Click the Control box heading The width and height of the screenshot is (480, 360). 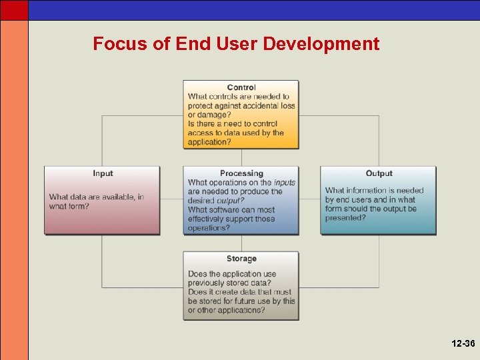241,87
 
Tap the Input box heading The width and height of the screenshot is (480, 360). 103,173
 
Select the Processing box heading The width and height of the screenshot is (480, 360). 241,173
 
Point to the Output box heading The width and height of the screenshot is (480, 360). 379,173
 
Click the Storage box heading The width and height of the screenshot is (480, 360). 241,259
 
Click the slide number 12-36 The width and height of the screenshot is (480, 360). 462,344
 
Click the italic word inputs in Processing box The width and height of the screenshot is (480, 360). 285,183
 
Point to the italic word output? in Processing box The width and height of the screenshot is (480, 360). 231,201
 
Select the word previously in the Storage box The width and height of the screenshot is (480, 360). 206,283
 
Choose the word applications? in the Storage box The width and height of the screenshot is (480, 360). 238,310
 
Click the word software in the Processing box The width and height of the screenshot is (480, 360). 229,210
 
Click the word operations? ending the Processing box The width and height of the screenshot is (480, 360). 209,228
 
